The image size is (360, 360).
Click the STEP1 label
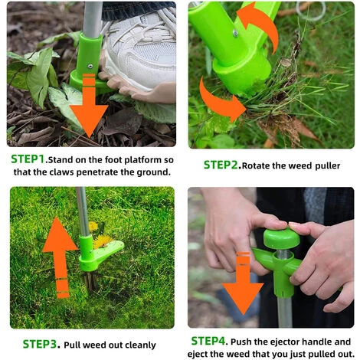28,159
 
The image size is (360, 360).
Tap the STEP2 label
221,165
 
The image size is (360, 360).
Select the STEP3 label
40,344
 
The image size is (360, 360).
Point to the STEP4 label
208,341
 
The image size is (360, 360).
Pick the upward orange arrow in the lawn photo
61,255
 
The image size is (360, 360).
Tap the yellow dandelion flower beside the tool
102,241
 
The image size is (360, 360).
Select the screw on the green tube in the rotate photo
235,33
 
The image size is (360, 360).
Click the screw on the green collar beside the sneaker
90,67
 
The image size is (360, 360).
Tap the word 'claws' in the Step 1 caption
61,172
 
